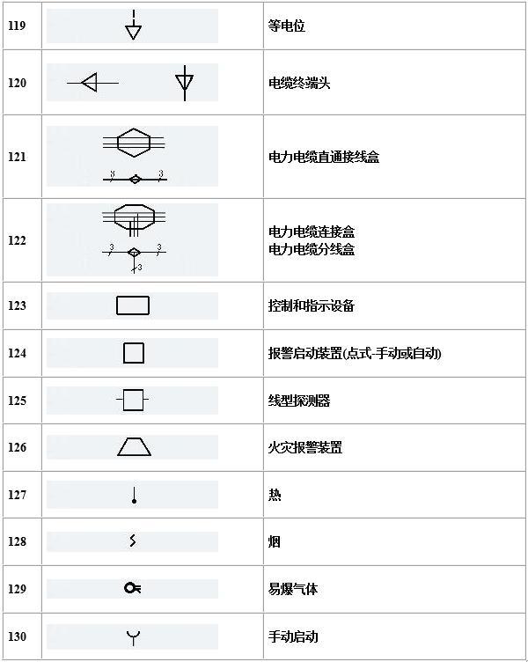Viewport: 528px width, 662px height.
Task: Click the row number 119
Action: (17, 26)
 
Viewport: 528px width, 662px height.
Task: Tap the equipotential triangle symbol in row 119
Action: (134, 26)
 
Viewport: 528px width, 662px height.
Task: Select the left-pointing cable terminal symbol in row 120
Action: (92, 83)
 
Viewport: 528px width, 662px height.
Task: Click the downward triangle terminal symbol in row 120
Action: (185, 83)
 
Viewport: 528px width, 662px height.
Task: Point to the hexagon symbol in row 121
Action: (134, 143)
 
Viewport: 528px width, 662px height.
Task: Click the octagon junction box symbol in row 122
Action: (134, 218)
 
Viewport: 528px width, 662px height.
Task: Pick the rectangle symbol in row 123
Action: (133, 305)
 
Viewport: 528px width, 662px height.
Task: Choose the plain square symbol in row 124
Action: (134, 353)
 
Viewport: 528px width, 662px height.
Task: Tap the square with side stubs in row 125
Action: (133, 400)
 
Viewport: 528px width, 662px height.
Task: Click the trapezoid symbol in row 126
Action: (135, 446)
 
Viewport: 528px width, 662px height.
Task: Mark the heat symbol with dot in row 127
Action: (135, 496)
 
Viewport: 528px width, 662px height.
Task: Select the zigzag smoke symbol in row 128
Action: (133, 541)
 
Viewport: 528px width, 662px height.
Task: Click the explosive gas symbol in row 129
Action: (133, 588)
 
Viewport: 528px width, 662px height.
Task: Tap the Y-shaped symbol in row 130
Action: (134, 637)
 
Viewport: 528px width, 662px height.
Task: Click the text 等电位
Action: (287, 26)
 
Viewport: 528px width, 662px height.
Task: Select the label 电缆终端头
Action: (299, 83)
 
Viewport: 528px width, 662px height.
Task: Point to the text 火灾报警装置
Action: (305, 447)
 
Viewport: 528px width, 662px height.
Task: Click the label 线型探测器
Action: (299, 401)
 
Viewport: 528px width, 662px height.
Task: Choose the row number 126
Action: (17, 447)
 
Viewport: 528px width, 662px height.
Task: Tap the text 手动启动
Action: (293, 636)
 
